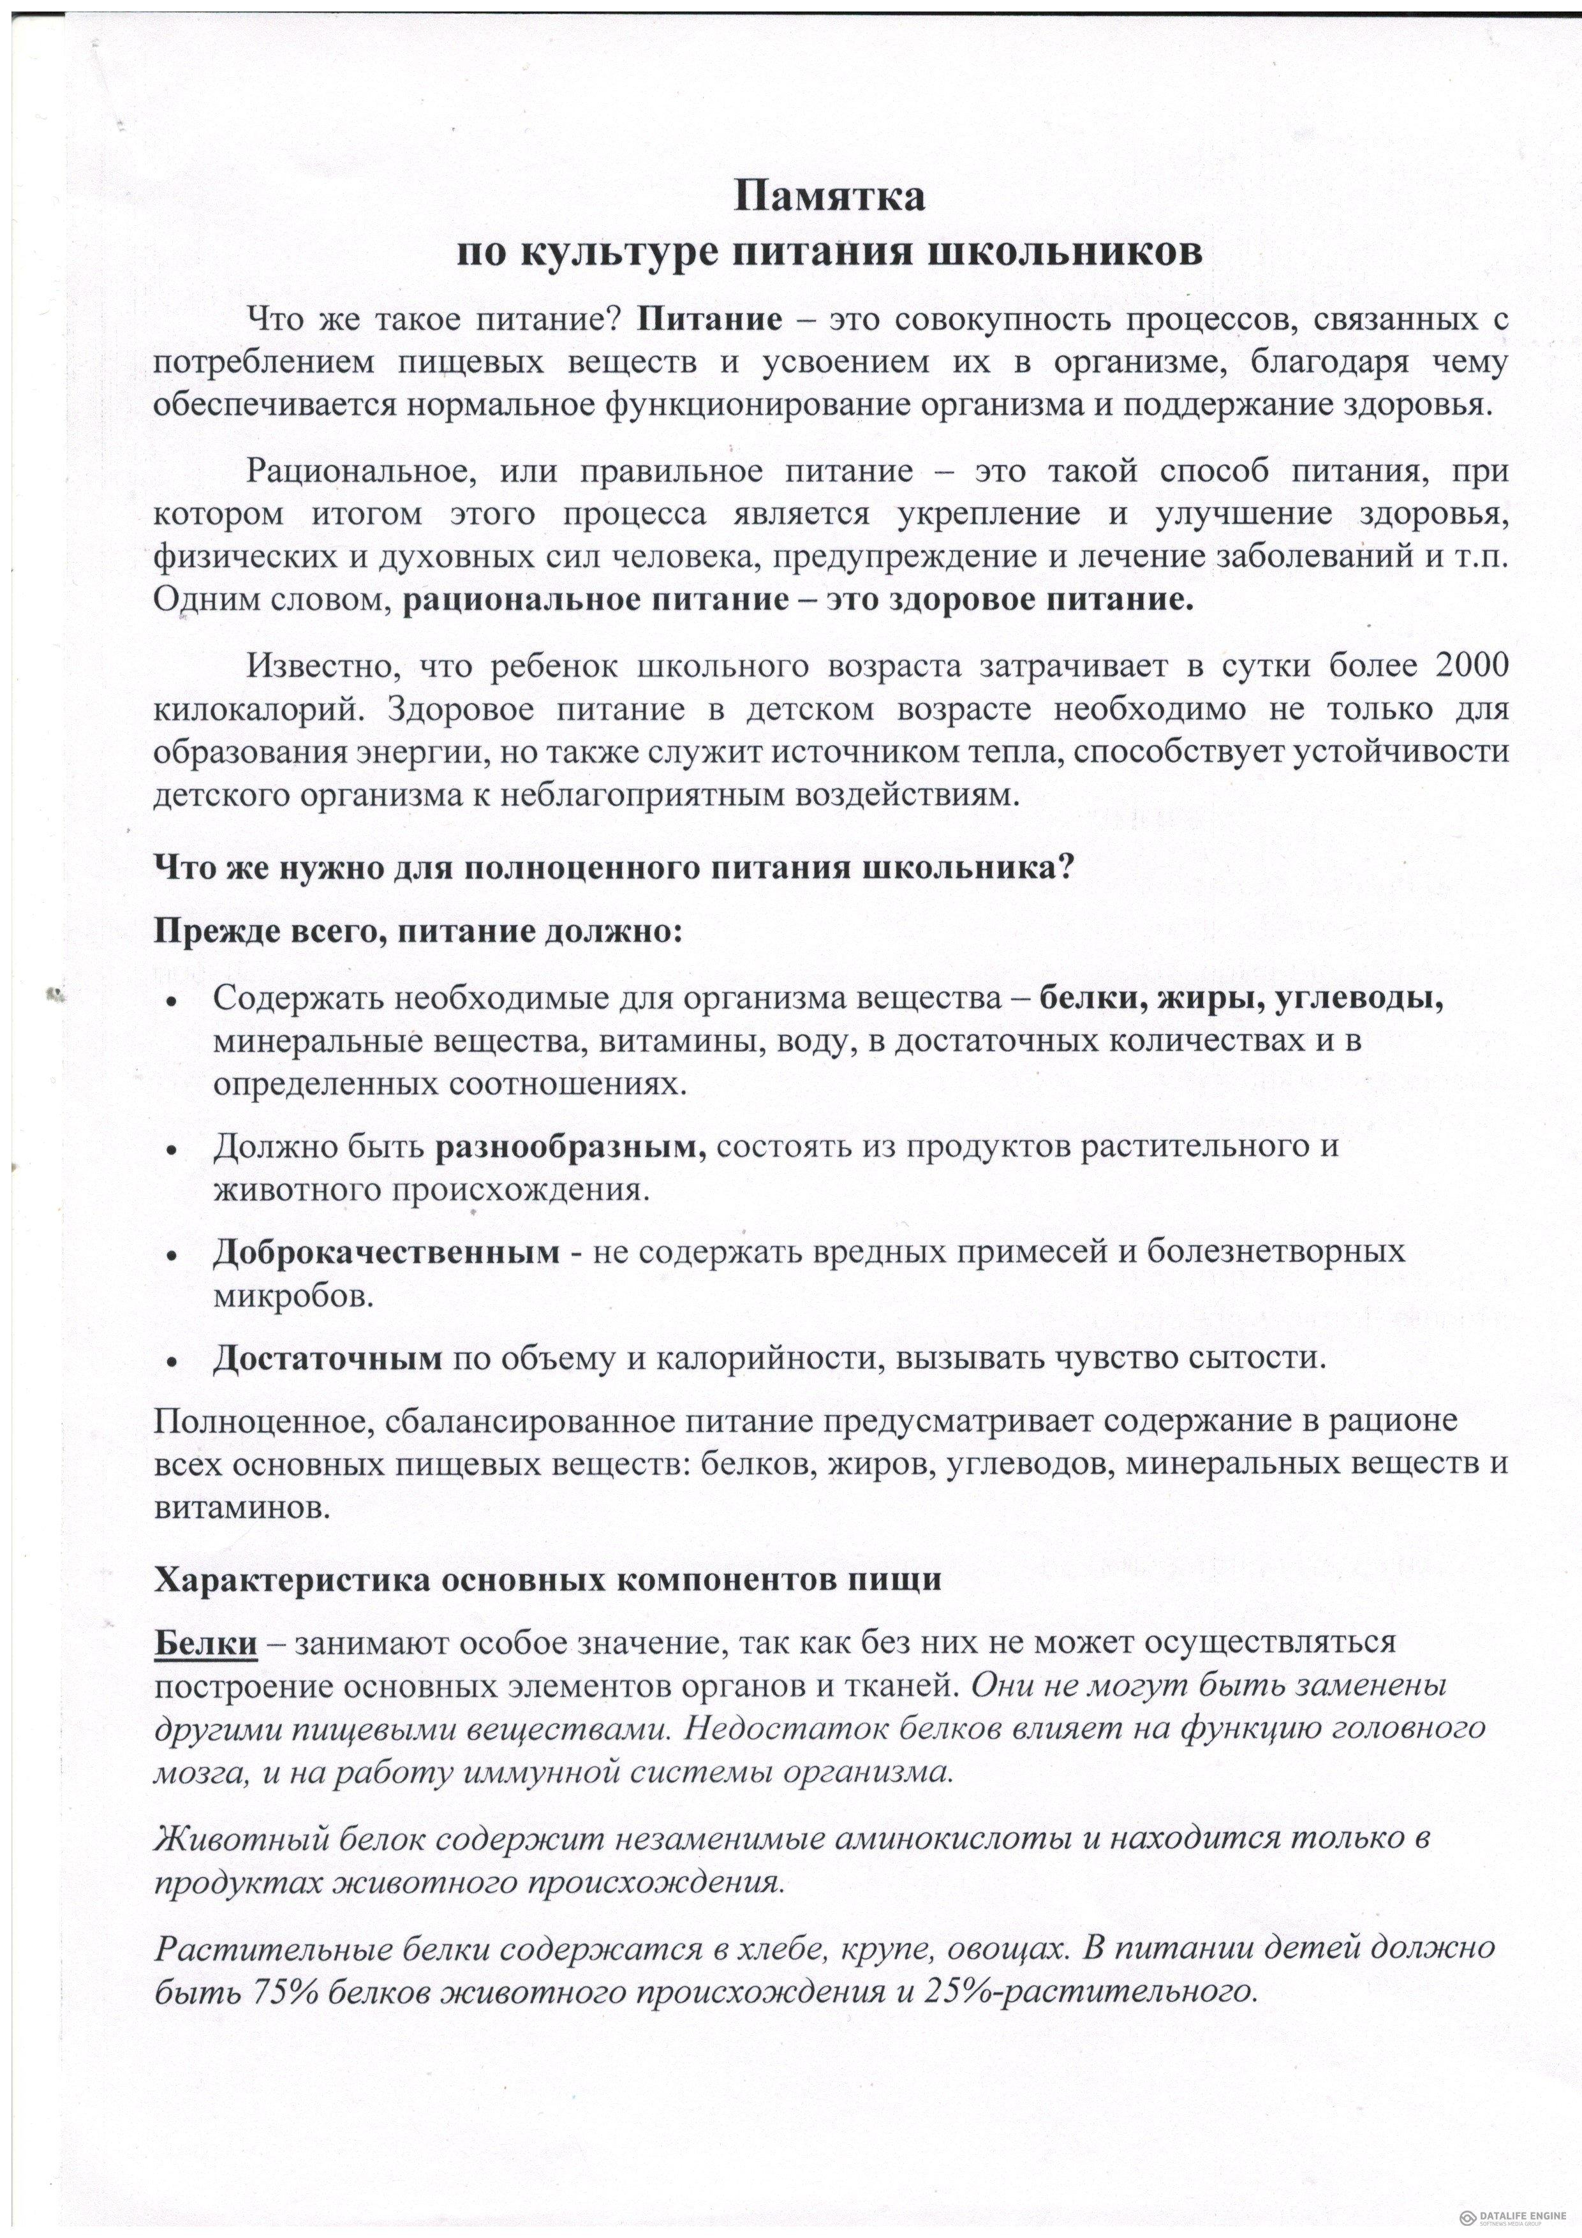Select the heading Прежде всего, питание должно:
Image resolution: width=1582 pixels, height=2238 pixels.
pos(419,930)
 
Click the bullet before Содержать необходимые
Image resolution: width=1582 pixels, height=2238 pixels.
pos(172,1003)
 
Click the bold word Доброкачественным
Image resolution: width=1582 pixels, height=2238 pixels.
pos(386,1252)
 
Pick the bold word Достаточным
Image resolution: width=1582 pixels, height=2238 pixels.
pos(327,1358)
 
